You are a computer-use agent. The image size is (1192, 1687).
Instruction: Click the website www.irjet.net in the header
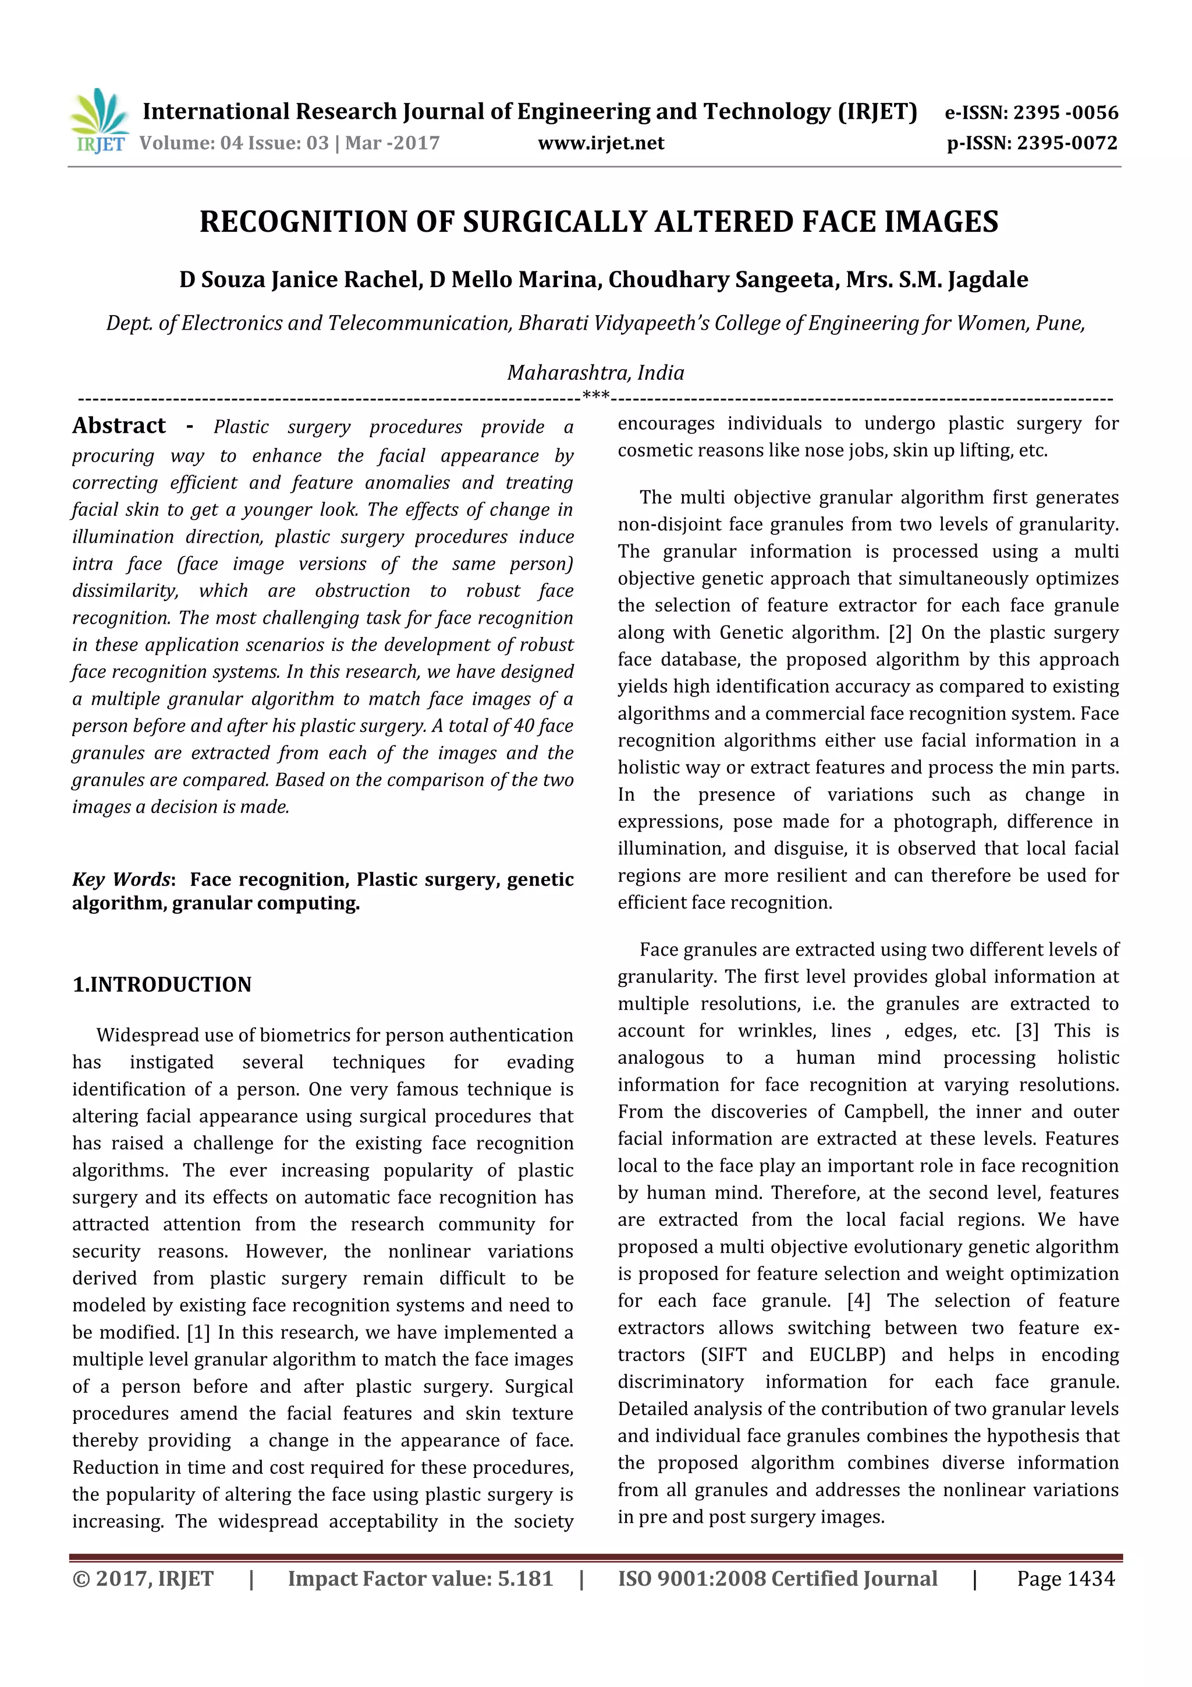(601, 143)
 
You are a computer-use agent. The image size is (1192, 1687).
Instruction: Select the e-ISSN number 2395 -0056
(1065, 112)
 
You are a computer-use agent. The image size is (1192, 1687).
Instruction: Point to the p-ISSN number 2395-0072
(1066, 143)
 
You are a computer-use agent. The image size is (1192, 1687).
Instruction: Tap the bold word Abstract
(119, 426)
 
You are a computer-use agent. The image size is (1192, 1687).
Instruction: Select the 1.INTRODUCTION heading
(162, 985)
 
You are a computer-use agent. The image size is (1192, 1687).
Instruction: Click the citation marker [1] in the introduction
(198, 1332)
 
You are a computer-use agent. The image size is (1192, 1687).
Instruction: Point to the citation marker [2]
(900, 632)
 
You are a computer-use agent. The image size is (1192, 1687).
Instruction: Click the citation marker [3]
(1027, 1031)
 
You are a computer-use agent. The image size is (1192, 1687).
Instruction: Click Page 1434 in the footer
(1065, 1579)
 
